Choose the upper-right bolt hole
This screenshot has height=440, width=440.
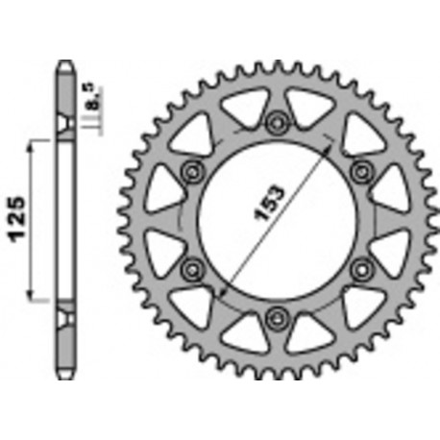(362, 170)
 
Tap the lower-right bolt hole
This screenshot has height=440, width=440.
(362, 266)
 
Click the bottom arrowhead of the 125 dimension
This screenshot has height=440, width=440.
(36, 297)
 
